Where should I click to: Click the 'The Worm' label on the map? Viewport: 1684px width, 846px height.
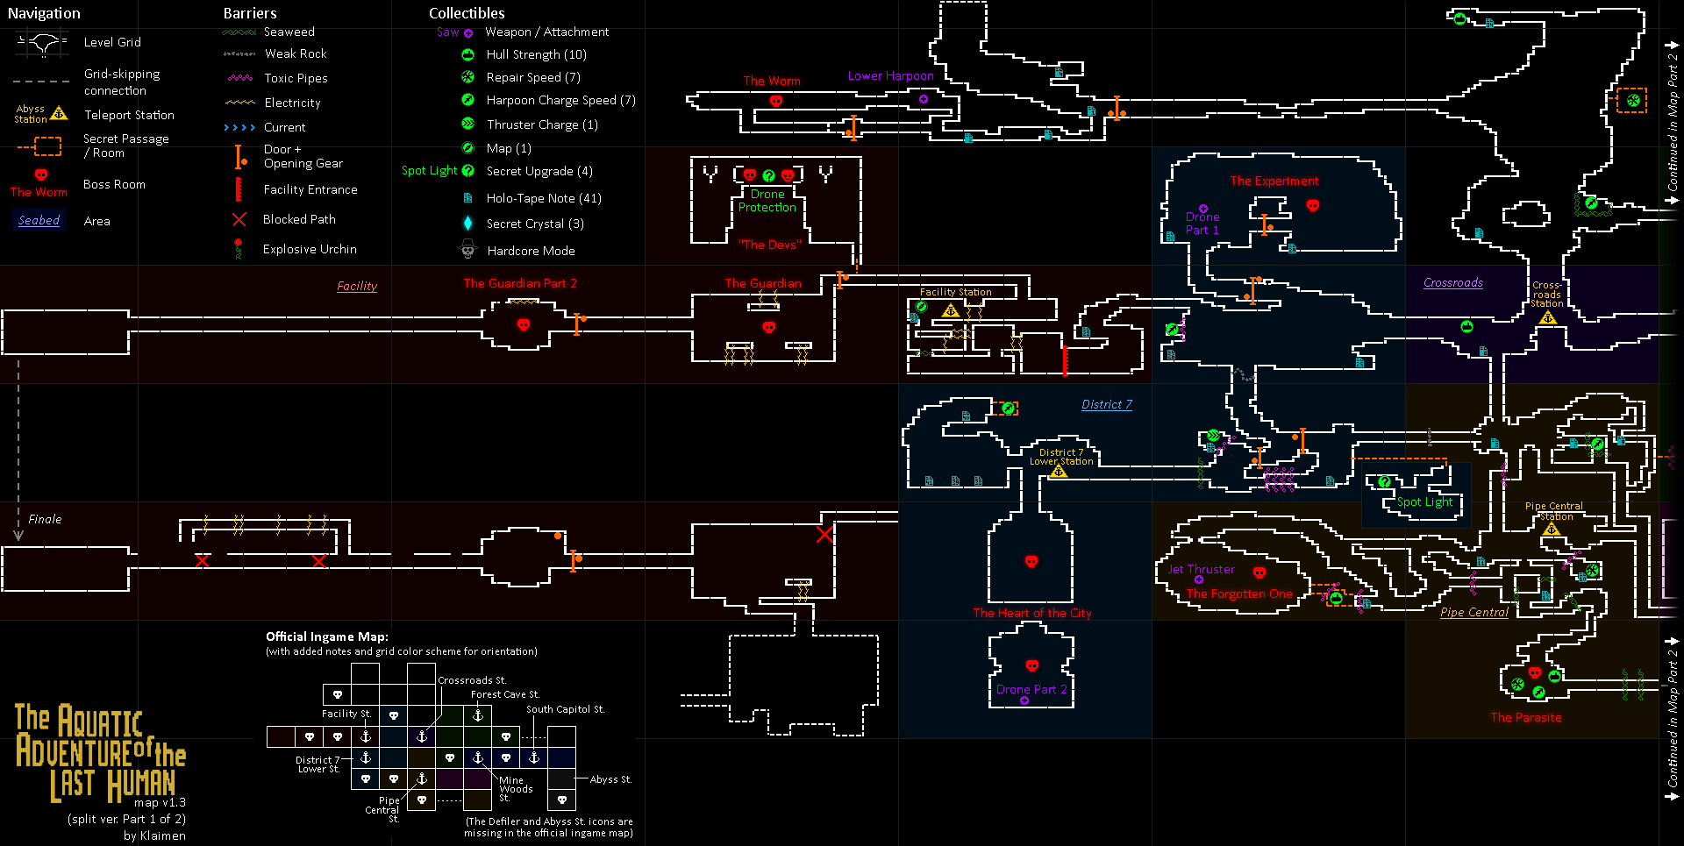[772, 81]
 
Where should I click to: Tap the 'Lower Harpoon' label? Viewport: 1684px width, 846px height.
[890, 76]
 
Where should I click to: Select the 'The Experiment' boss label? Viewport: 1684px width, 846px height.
[1274, 181]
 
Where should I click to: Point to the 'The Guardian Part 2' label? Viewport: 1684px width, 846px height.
[520, 283]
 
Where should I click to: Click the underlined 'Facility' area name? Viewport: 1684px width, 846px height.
[357, 286]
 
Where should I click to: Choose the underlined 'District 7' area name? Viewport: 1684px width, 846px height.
[1106, 404]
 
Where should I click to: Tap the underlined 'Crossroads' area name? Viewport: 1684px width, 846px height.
[1452, 282]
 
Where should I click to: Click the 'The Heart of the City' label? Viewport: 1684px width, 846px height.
[1031, 613]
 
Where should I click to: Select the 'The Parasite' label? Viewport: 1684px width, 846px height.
[1525, 717]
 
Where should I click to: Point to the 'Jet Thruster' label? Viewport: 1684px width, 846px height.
[1201, 569]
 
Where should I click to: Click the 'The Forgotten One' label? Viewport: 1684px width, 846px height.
[1238, 594]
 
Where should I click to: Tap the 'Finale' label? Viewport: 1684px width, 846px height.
[45, 519]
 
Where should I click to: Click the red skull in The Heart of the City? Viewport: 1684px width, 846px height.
[1031, 561]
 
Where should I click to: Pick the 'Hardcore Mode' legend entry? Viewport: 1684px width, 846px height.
[531, 251]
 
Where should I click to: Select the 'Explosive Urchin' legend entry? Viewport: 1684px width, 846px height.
[310, 249]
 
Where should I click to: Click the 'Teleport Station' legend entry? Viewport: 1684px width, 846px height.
[129, 115]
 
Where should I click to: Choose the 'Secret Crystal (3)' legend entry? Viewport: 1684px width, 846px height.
[535, 224]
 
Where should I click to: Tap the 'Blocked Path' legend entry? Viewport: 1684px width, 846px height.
[299, 219]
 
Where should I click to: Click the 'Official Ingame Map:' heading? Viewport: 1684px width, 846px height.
[326, 636]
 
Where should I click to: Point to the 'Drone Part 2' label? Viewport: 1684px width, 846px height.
[1031, 689]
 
